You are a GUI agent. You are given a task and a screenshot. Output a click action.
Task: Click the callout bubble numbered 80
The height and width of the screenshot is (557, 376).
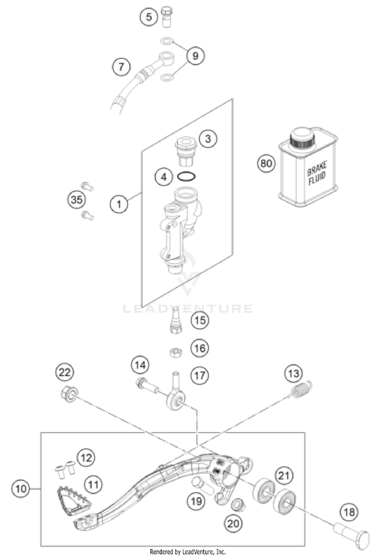click(x=266, y=163)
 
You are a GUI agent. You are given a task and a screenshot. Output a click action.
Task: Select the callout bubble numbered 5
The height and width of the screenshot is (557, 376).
click(x=148, y=17)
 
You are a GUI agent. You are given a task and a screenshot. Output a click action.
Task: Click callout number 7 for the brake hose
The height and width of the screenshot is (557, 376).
click(x=121, y=66)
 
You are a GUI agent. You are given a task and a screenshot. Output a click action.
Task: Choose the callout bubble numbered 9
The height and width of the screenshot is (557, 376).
click(x=196, y=56)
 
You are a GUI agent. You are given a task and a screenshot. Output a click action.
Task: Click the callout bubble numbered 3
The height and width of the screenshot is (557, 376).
click(x=209, y=139)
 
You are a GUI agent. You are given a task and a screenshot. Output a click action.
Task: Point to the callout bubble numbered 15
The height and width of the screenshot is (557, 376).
click(x=201, y=320)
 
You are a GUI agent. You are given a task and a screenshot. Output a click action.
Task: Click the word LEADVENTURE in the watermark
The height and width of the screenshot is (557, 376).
click(x=188, y=308)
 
